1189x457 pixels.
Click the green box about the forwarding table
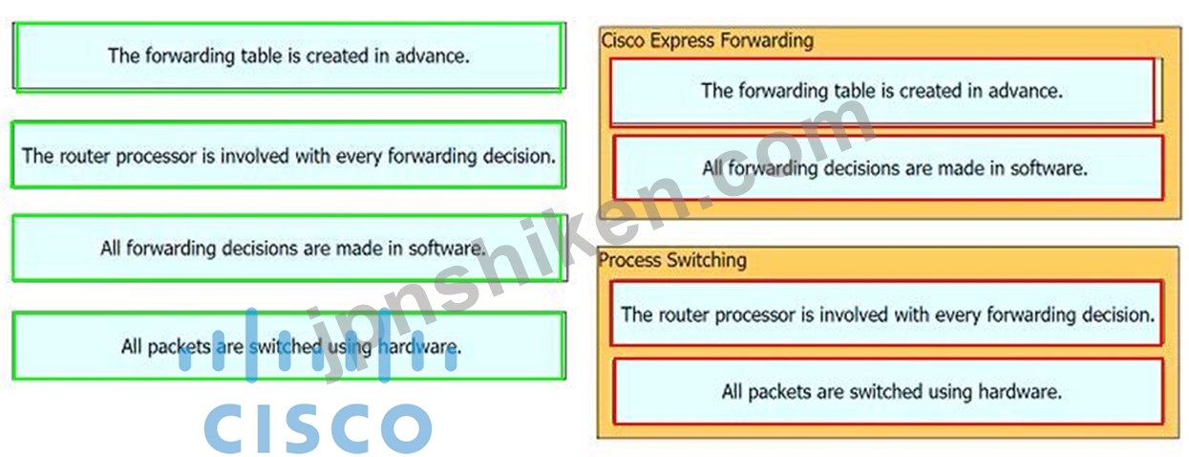(x=288, y=56)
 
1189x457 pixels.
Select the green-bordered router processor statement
(x=288, y=155)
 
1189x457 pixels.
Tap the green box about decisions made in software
(x=288, y=248)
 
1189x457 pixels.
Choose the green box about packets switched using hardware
(x=288, y=346)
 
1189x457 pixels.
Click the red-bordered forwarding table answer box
(x=882, y=92)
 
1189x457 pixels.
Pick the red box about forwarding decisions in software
(x=888, y=168)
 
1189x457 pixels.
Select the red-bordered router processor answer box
(x=887, y=314)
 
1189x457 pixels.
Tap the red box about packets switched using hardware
(x=888, y=392)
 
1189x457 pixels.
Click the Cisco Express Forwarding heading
(x=707, y=40)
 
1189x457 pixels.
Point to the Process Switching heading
(x=672, y=260)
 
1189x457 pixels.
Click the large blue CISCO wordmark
(x=317, y=427)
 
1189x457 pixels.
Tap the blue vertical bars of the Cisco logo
(x=317, y=345)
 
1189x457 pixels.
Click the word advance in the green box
(x=432, y=55)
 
